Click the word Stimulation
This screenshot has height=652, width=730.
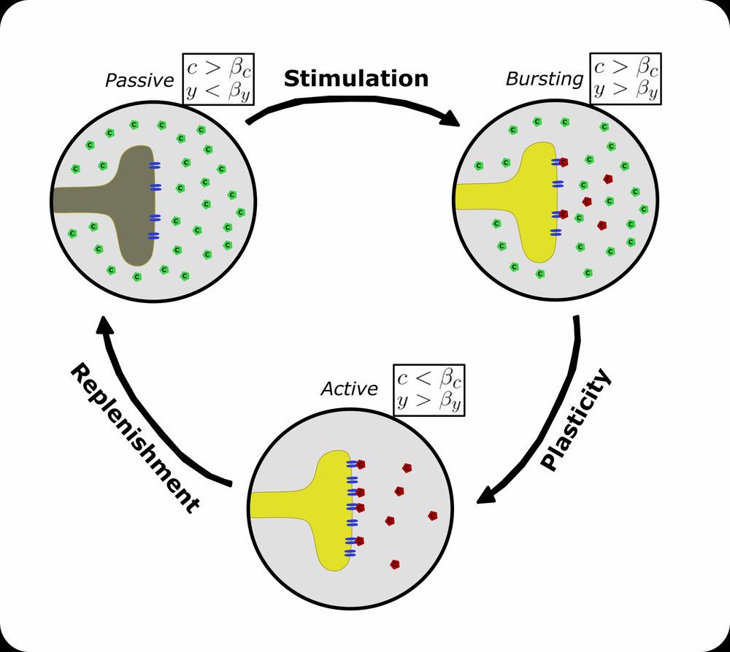tap(356, 79)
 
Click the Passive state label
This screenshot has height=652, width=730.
tap(139, 81)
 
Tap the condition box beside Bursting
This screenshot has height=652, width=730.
tap(625, 77)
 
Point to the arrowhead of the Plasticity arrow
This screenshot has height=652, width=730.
tap(485, 496)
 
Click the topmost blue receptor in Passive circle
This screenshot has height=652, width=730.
tap(154, 166)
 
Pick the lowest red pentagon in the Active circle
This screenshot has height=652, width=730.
tap(395, 564)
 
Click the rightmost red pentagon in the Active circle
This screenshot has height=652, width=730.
tap(433, 515)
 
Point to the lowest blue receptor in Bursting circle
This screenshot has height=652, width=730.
tap(556, 232)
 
